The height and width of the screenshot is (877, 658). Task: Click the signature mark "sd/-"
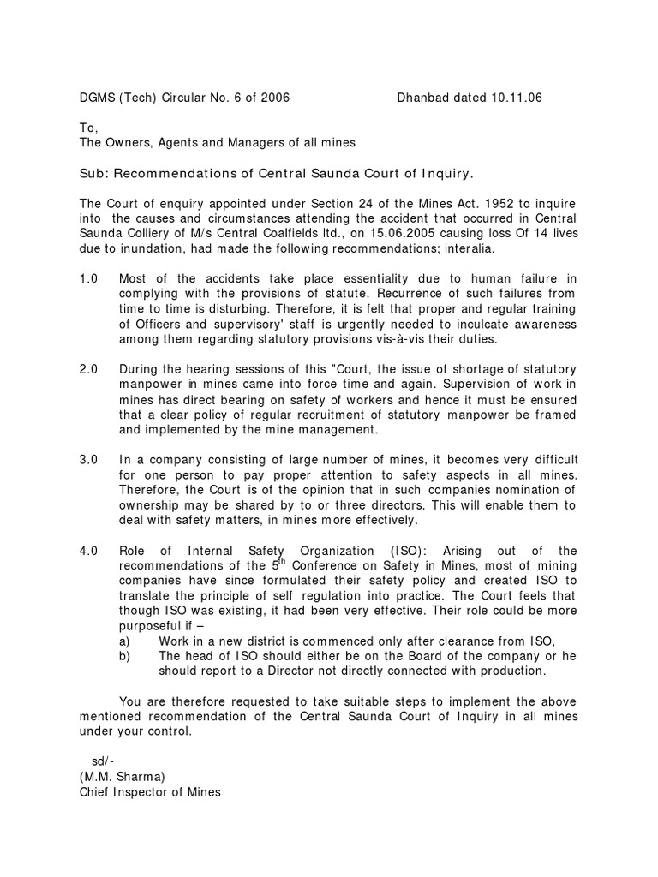(x=103, y=761)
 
